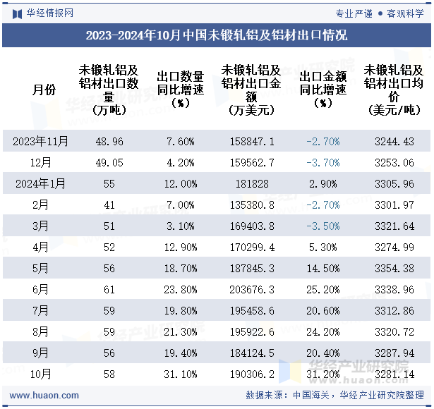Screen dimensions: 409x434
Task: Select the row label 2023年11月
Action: (x=41, y=141)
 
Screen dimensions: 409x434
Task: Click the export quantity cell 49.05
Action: (x=108, y=162)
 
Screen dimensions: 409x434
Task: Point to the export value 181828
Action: (x=253, y=183)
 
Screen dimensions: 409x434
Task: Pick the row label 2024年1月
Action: (x=41, y=183)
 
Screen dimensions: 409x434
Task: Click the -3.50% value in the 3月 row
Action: (x=323, y=226)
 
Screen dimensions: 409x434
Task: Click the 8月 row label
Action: (x=41, y=331)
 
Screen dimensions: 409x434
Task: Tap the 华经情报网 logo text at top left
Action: (x=49, y=13)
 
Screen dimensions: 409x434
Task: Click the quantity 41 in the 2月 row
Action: (x=108, y=204)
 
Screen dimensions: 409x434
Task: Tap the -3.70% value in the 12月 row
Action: (x=323, y=162)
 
